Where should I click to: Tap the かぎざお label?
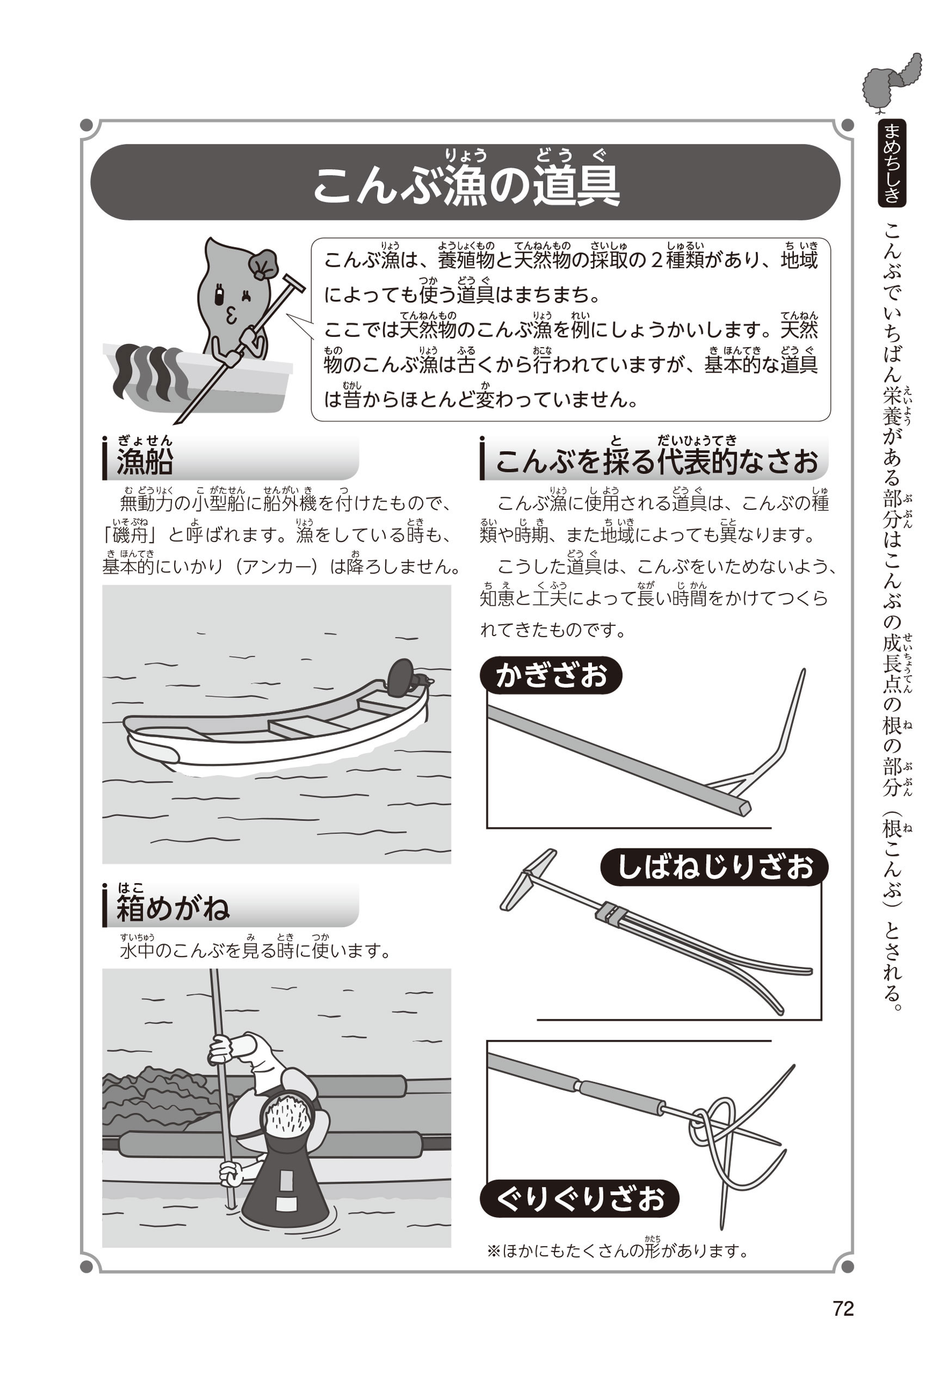(551, 675)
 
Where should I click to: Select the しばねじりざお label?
(714, 867)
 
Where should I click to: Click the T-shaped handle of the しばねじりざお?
(528, 879)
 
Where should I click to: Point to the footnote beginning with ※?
(618, 1251)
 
